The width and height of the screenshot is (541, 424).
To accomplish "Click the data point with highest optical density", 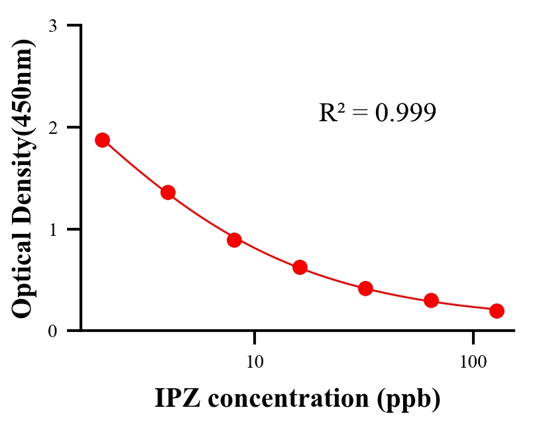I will pyautogui.click(x=102, y=140).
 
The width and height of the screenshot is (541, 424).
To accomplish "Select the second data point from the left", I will pyautogui.click(x=168, y=193).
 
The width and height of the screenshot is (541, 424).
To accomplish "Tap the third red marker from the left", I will pyautogui.click(x=234, y=240).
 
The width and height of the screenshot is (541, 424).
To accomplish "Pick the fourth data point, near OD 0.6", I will pyautogui.click(x=300, y=268).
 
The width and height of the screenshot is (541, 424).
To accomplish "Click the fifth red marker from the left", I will pyautogui.click(x=365, y=288).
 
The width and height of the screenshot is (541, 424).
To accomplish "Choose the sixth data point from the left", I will pyautogui.click(x=431, y=301).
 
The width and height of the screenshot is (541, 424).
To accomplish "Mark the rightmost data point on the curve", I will pyautogui.click(x=497, y=311).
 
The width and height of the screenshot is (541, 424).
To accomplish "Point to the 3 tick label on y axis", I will pyautogui.click(x=52, y=26).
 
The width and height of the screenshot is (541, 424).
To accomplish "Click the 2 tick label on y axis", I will pyautogui.click(x=52, y=128).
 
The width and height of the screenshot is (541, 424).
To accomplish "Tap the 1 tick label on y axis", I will pyautogui.click(x=52, y=230).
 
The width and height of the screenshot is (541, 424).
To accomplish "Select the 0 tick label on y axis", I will pyautogui.click(x=52, y=331).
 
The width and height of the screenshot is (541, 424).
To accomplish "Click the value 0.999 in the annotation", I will pyautogui.click(x=405, y=113).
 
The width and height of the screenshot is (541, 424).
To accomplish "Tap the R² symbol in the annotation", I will pyautogui.click(x=331, y=113).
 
